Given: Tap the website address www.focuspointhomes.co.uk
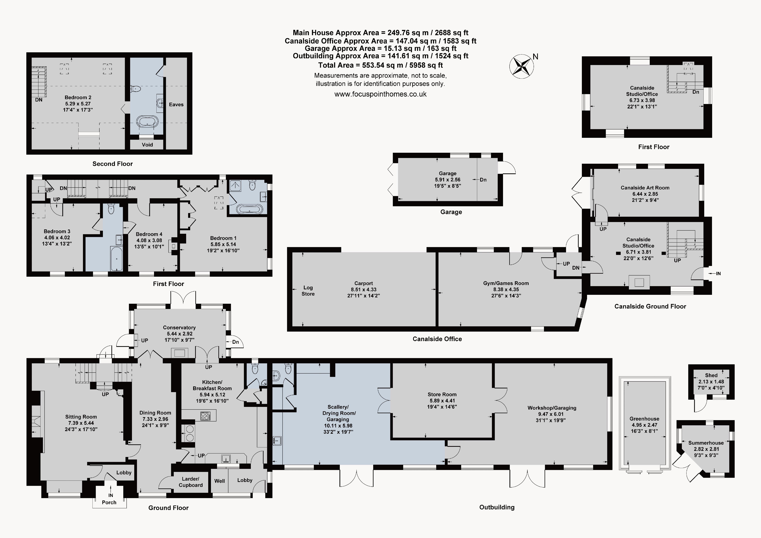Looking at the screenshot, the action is pyautogui.click(x=380, y=94).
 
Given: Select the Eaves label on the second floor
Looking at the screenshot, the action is pyautogui.click(x=176, y=104).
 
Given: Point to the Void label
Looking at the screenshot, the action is pyautogui.click(x=147, y=145).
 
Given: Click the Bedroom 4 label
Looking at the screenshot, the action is pyautogui.click(x=149, y=234).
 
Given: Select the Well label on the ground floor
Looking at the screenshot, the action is pyautogui.click(x=219, y=481).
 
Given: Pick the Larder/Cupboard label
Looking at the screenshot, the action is pyautogui.click(x=191, y=482).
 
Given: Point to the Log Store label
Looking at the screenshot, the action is pyautogui.click(x=308, y=291).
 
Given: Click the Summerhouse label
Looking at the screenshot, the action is pyautogui.click(x=706, y=443).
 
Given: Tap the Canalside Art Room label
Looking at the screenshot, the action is pyautogui.click(x=645, y=188).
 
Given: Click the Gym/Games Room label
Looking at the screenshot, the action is pyautogui.click(x=506, y=283).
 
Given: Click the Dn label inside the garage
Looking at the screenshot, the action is pyautogui.click(x=483, y=180).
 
